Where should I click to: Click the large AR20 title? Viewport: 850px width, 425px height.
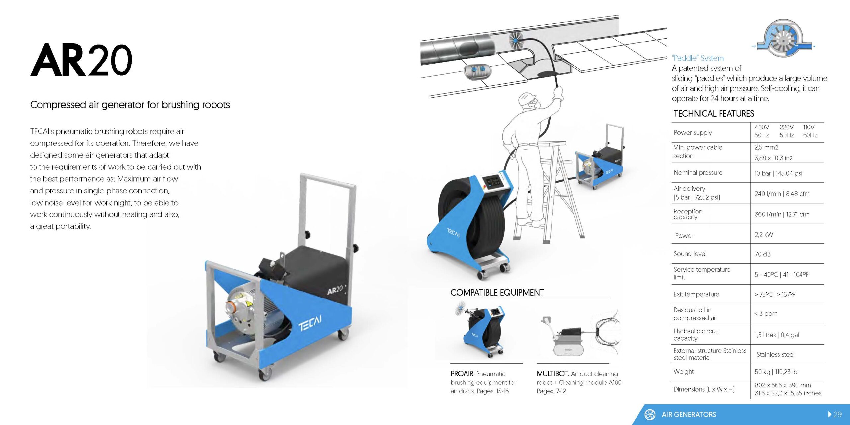tap(81, 60)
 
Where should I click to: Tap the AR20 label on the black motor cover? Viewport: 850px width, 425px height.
tap(335, 290)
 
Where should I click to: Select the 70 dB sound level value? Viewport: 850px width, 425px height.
tap(762, 254)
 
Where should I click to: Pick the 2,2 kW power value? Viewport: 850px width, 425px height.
tap(764, 235)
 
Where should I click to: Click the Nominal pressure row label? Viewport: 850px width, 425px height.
tap(698, 173)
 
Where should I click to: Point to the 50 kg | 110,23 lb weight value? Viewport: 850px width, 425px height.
tap(776, 372)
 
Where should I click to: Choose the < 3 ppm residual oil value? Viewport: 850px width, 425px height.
tap(766, 314)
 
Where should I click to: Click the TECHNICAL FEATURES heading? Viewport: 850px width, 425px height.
tap(714, 114)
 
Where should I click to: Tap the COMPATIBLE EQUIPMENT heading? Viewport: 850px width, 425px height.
tap(497, 293)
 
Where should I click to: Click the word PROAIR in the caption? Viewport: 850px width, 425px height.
tap(462, 374)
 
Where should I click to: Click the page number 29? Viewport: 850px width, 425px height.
tap(838, 414)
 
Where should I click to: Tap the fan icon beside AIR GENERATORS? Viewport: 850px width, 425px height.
tap(650, 414)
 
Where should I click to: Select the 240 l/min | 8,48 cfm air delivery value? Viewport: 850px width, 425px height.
tap(782, 194)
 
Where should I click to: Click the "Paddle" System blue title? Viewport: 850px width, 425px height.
tap(698, 58)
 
